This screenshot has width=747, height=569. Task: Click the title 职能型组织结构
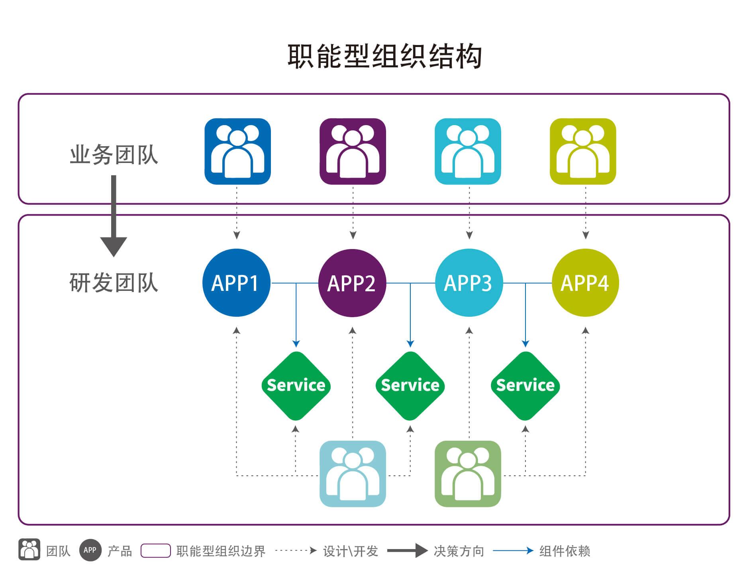pyautogui.click(x=384, y=57)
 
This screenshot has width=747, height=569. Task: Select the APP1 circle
pyautogui.click(x=236, y=283)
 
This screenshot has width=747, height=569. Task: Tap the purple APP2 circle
pyautogui.click(x=352, y=283)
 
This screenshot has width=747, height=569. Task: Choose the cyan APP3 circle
pyautogui.click(x=469, y=283)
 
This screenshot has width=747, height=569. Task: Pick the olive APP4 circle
pyautogui.click(x=585, y=283)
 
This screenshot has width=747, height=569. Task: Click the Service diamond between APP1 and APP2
pyautogui.click(x=296, y=386)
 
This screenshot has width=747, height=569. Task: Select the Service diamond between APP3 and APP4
pyautogui.click(x=525, y=386)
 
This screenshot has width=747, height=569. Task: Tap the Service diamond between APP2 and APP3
pyautogui.click(x=410, y=386)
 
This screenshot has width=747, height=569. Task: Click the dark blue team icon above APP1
pyautogui.click(x=237, y=151)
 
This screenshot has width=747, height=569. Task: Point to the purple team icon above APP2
pyautogui.click(x=353, y=151)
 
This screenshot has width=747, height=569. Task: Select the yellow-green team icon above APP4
pyautogui.click(x=583, y=151)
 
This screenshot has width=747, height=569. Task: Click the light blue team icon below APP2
pyautogui.click(x=353, y=474)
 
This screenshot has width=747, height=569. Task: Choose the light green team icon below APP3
pyautogui.click(x=468, y=474)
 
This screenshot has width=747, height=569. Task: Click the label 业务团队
pyautogui.click(x=114, y=155)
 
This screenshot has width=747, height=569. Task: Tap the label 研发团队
pyautogui.click(x=114, y=283)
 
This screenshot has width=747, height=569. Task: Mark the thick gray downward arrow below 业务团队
pyautogui.click(x=114, y=217)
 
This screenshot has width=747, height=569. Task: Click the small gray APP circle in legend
pyautogui.click(x=90, y=550)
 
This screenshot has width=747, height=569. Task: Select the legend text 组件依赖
pyautogui.click(x=565, y=551)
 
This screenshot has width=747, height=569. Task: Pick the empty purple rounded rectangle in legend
pyautogui.click(x=156, y=551)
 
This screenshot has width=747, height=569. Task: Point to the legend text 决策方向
pyautogui.click(x=459, y=551)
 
